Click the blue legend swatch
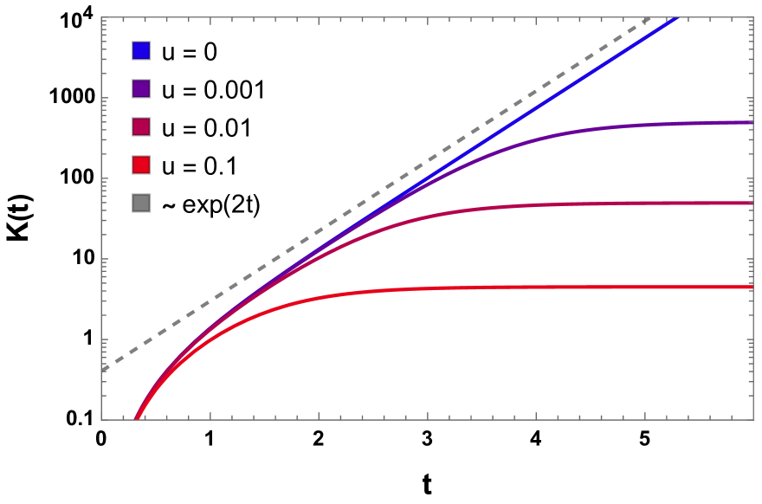click(x=141, y=50)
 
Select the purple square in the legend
click(x=141, y=88)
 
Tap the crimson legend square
click(x=141, y=126)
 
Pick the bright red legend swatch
click(x=141, y=165)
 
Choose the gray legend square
click(x=141, y=203)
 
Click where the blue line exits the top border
click(x=676, y=18)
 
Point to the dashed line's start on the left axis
click(x=102, y=371)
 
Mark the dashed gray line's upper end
click(x=651, y=18)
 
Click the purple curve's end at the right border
click(x=752, y=122)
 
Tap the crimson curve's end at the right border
click(x=752, y=204)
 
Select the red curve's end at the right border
click(x=752, y=287)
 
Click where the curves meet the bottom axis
click(x=135, y=420)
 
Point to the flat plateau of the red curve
click(x=563, y=287)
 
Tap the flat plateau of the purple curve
click(x=710, y=123)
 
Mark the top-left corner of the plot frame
click(x=101, y=17)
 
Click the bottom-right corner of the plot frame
click(x=753, y=420)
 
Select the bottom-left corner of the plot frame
click(x=101, y=420)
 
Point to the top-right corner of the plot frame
click(x=753, y=17)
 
